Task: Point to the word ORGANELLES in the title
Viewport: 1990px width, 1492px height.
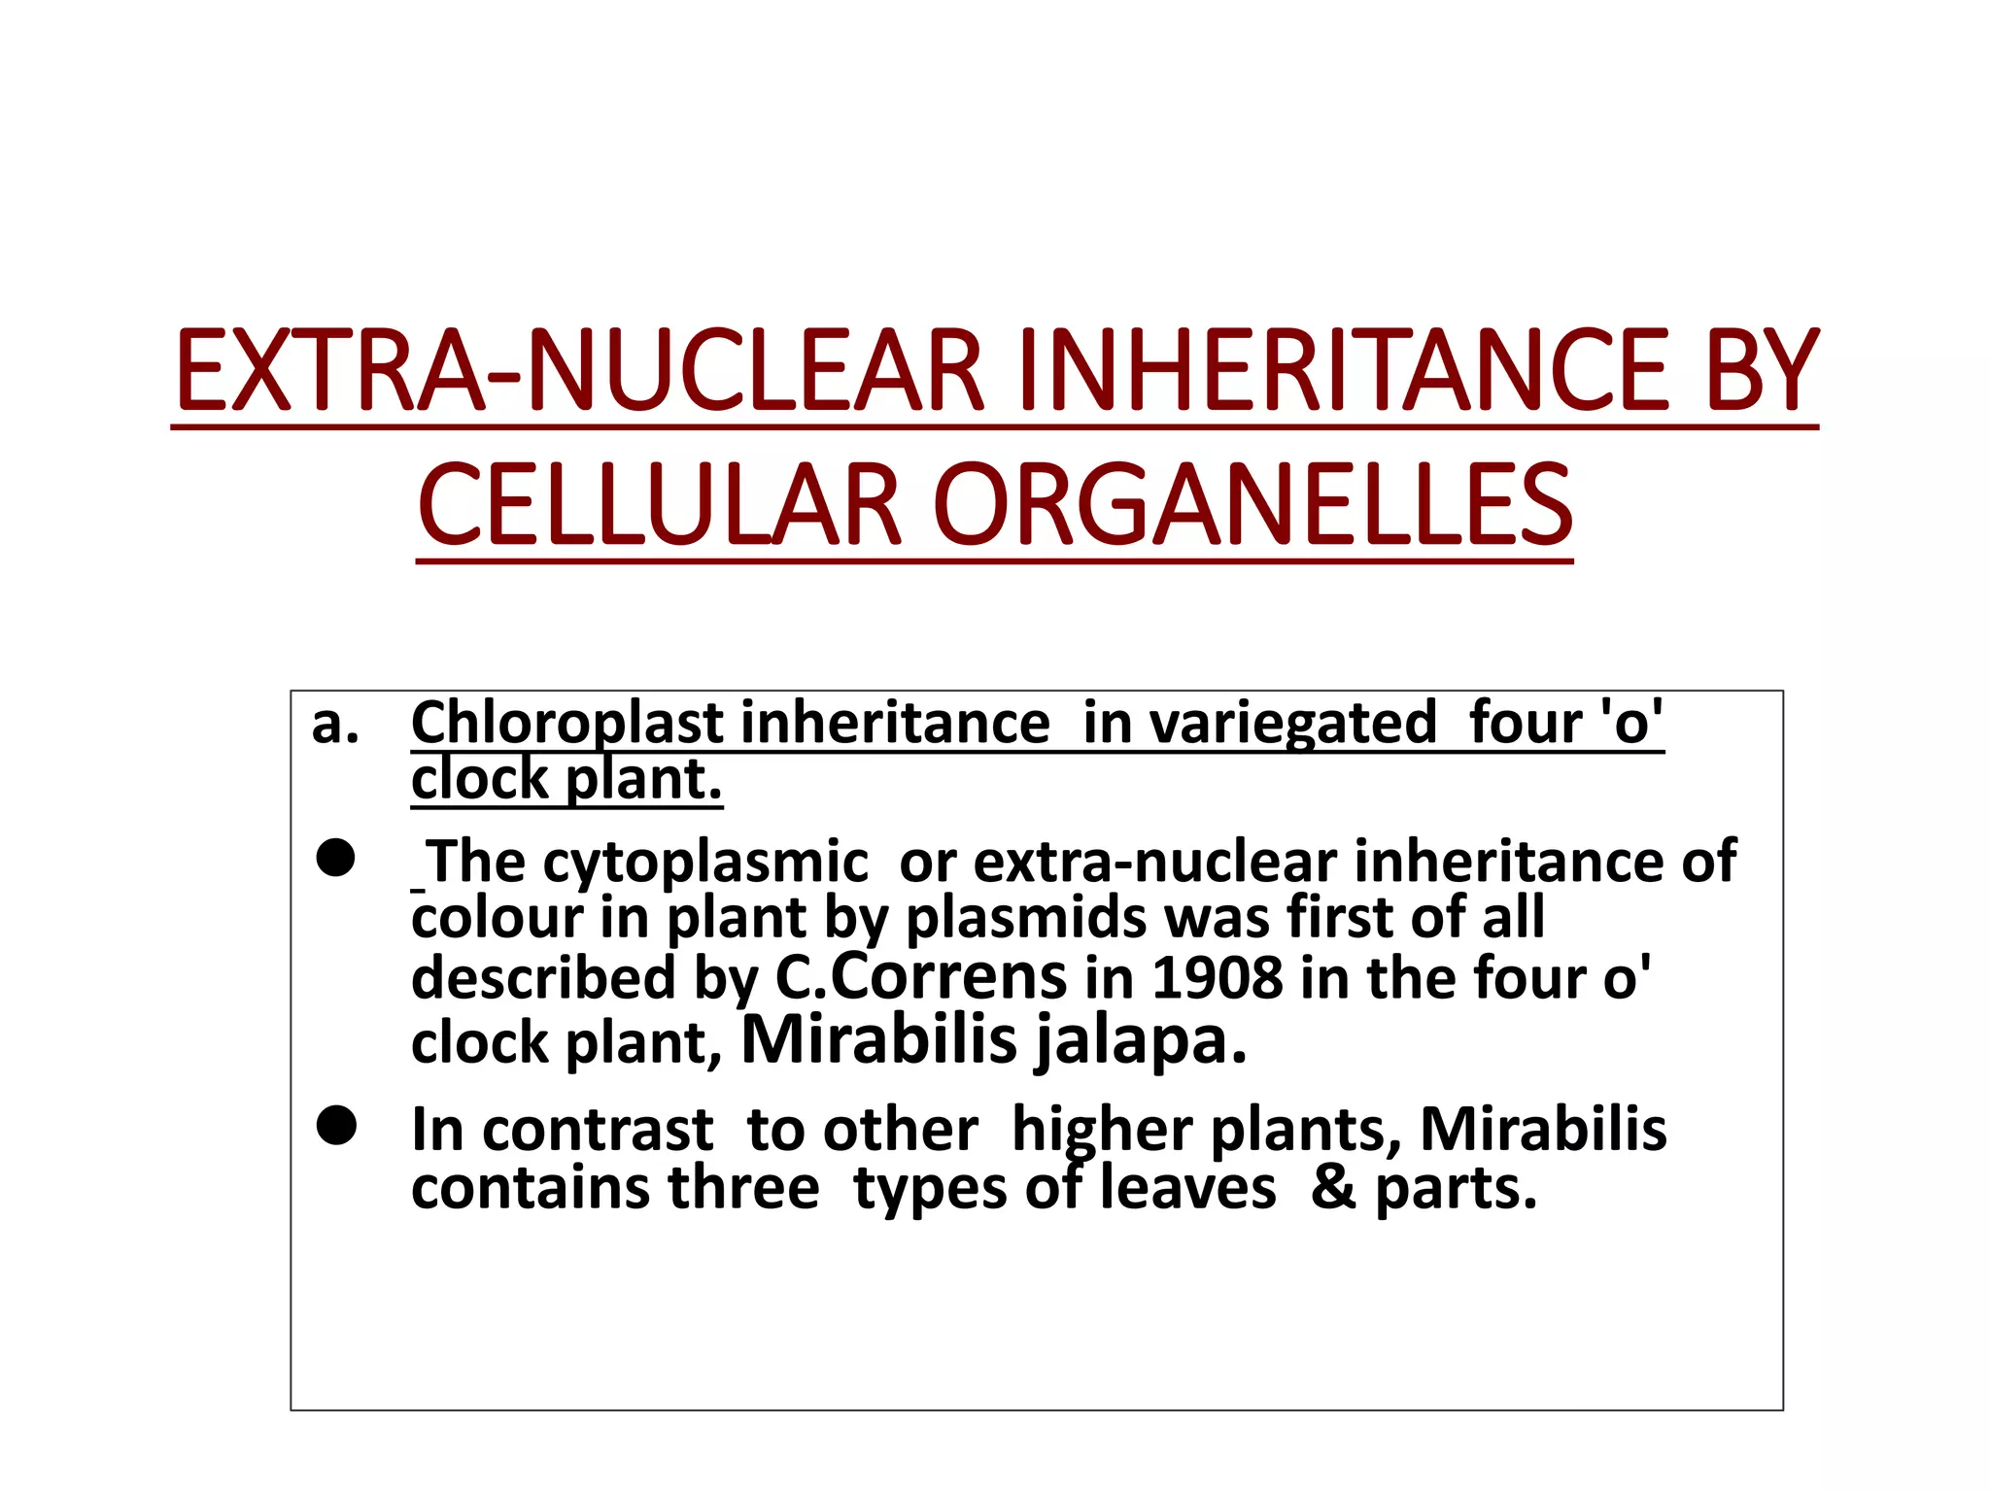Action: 1252,506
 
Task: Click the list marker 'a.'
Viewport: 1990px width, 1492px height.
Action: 335,724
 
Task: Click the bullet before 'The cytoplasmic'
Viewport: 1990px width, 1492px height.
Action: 335,859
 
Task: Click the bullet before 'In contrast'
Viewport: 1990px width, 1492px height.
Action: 335,1126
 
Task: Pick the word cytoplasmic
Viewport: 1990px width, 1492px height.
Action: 705,863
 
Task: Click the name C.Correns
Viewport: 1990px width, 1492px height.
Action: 921,977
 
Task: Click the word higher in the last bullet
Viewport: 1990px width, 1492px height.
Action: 1102,1132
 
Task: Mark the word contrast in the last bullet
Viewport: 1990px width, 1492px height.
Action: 598,1132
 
